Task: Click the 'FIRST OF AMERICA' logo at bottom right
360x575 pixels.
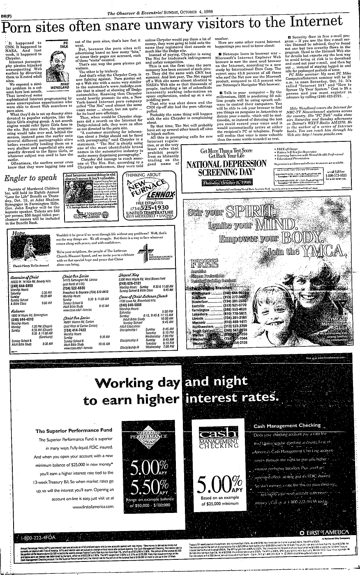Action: coord(325,533)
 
